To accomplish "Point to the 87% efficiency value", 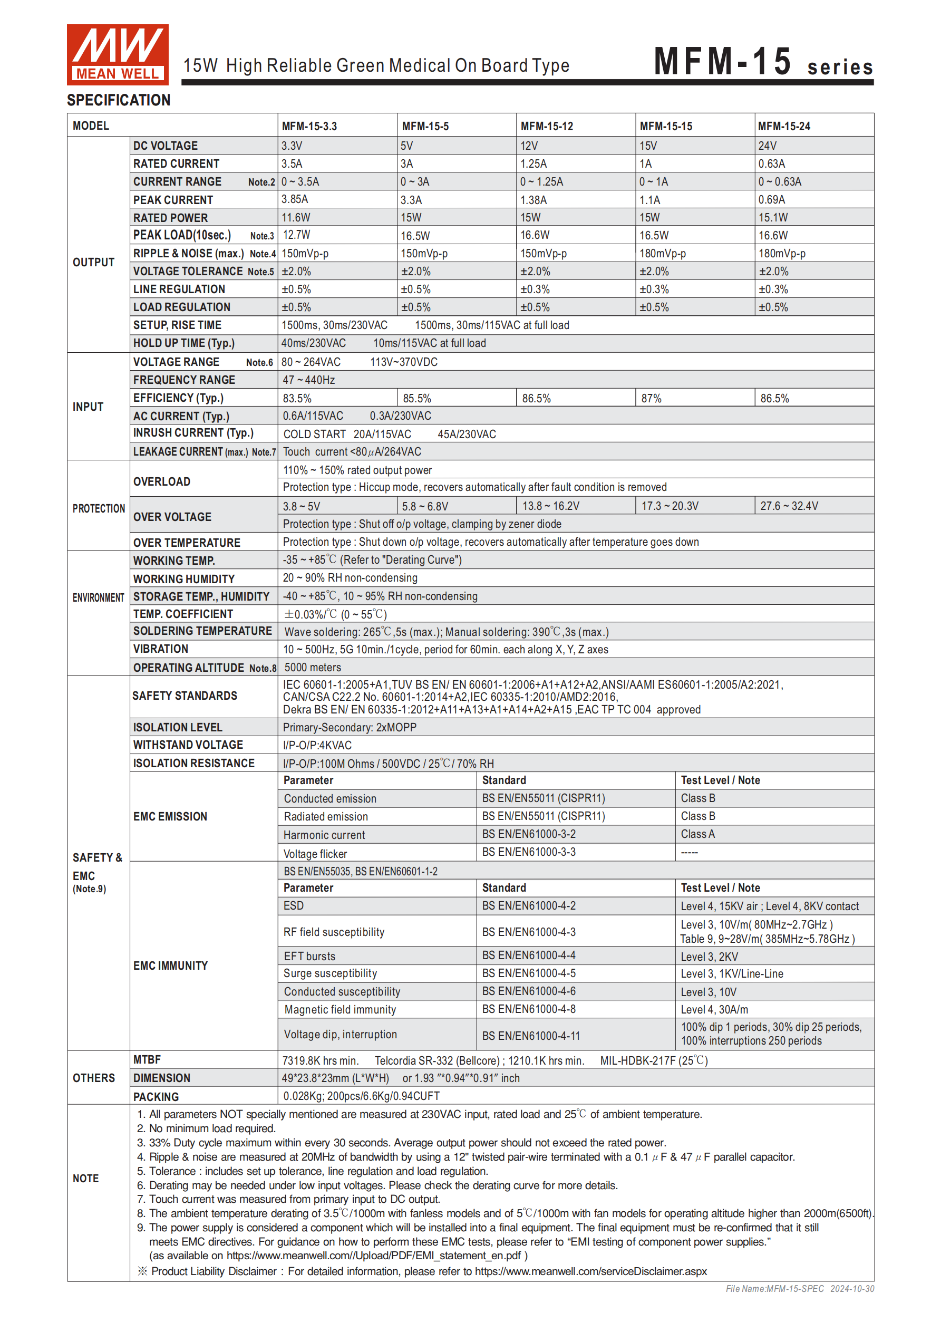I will click(x=651, y=399).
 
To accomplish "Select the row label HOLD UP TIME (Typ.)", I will click(x=184, y=343).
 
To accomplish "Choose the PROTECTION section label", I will click(x=99, y=509).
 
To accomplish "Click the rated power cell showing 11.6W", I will click(x=295, y=218).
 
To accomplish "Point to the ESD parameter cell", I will click(x=294, y=906).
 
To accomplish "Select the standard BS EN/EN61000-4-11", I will click(x=530, y=1036).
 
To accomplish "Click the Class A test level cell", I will click(x=697, y=834).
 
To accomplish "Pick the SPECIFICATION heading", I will click(x=119, y=100).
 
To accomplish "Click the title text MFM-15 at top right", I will click(x=722, y=62).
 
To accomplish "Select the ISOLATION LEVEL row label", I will click(x=178, y=728).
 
